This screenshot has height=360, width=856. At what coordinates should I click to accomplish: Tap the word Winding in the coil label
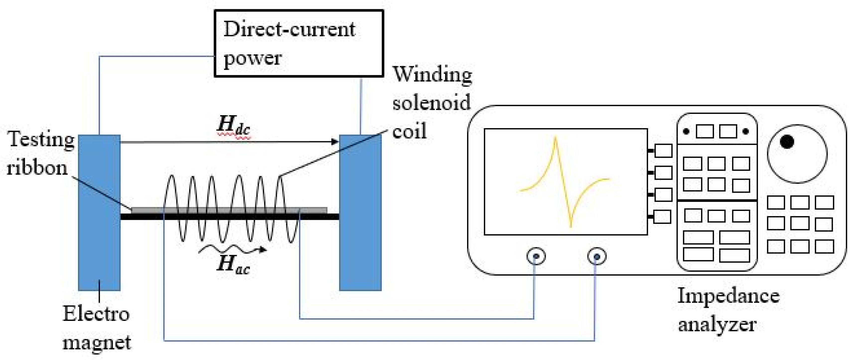pyautogui.click(x=432, y=75)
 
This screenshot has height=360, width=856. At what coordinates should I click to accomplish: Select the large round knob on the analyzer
pyautogui.click(x=797, y=154)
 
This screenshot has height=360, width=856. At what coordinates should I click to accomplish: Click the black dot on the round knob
pyautogui.click(x=786, y=142)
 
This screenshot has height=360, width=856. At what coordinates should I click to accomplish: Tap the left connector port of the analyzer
pyautogui.click(x=536, y=256)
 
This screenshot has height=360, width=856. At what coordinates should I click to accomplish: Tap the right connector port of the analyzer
pyautogui.click(x=596, y=256)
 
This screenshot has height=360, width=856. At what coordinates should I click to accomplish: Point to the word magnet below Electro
pyautogui.click(x=96, y=342)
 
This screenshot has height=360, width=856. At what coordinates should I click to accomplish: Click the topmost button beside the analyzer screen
pyautogui.click(x=663, y=151)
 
